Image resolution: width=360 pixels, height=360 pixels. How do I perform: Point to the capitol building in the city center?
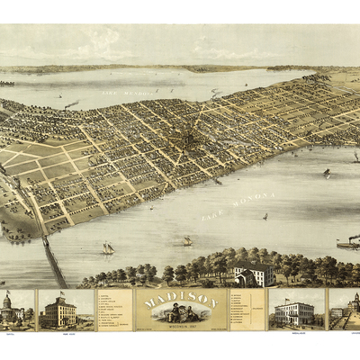(x=190, y=139)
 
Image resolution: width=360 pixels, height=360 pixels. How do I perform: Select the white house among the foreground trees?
(x=253, y=274)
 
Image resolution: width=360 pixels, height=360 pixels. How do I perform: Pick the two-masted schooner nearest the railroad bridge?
(x=107, y=247)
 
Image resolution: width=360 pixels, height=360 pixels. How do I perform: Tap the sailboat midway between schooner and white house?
(x=187, y=241)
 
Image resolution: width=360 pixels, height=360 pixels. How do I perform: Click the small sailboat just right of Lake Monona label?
(x=265, y=216)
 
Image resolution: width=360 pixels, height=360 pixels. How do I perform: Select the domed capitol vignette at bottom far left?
(x=16, y=309)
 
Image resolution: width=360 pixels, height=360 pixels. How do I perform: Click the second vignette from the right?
(x=296, y=309)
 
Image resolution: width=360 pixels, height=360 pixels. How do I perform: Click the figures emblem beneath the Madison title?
(x=180, y=311)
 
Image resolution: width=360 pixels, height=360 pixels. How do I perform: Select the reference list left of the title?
(x=115, y=309)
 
